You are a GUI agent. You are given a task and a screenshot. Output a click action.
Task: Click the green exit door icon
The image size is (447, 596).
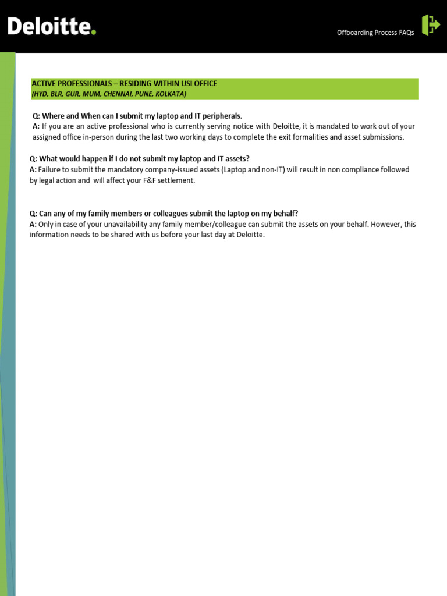(431, 25)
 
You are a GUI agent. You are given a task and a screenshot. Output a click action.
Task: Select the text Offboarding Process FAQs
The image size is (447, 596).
(375, 33)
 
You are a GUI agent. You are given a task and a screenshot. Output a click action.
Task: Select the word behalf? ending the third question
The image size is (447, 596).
(283, 214)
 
